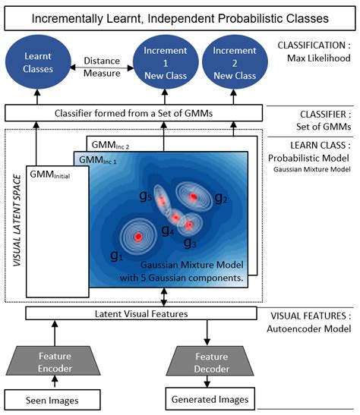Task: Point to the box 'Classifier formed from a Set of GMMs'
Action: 132,114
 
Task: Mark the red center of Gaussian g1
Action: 138,237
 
